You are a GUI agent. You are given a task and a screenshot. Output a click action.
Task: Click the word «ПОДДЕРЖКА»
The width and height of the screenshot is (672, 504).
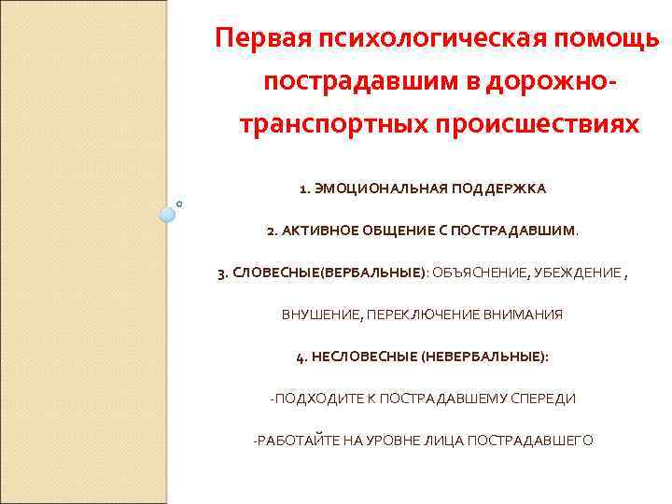499,189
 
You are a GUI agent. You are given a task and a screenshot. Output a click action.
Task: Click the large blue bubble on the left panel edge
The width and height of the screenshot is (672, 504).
167,215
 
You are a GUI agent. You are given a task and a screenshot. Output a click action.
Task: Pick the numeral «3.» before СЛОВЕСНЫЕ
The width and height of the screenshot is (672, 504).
222,273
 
